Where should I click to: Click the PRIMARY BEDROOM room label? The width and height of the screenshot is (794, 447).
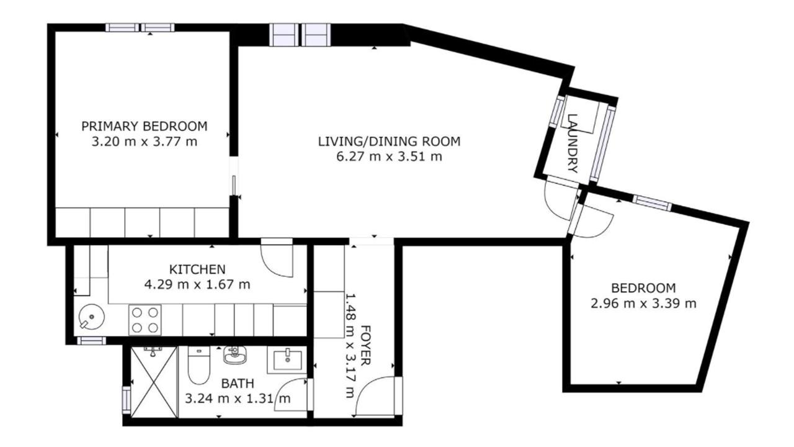tap(145, 126)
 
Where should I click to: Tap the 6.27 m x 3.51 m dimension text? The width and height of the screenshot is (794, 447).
tap(389, 156)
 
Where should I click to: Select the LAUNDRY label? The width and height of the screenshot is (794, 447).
tap(572, 143)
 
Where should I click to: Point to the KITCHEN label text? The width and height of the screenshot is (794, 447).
tap(197, 269)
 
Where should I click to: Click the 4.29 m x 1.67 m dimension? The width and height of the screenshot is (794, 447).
tap(197, 284)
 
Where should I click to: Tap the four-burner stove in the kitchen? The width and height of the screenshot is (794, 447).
tap(145, 320)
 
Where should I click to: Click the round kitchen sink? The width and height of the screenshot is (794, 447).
tap(91, 317)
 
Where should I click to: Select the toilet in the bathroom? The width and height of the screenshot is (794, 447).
tap(198, 366)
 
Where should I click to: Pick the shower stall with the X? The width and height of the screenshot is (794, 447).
tap(154, 382)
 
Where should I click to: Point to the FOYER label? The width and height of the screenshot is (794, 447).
tap(365, 345)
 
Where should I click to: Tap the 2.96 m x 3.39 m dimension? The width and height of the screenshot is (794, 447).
tap(643, 304)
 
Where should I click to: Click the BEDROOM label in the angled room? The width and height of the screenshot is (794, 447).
tap(643, 287)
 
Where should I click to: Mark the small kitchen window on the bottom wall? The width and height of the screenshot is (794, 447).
tap(91, 341)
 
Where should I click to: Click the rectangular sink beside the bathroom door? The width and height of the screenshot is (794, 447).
tap(287, 360)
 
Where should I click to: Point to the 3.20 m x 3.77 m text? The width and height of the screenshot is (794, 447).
tap(145, 142)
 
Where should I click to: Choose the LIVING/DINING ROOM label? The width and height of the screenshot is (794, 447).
tap(389, 141)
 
